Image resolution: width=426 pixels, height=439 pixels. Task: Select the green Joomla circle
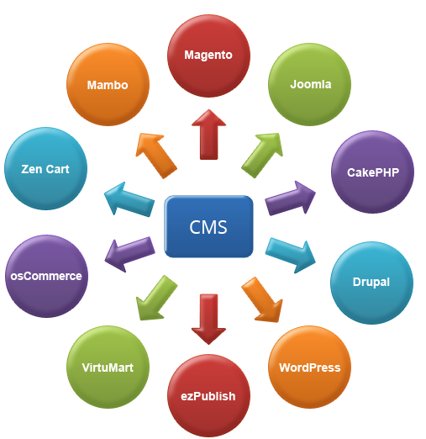coord(310,84)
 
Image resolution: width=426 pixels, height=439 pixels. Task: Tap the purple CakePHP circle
coord(373,172)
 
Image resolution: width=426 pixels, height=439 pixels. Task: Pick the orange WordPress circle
coord(309,367)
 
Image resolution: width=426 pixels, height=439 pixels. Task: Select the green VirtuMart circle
coord(108,367)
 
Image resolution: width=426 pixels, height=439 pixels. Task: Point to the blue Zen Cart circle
coord(45,168)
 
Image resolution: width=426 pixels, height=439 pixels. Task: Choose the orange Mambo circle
coord(107,85)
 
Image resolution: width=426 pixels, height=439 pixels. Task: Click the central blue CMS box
coord(208,227)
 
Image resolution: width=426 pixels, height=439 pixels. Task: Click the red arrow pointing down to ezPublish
coord(208,318)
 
